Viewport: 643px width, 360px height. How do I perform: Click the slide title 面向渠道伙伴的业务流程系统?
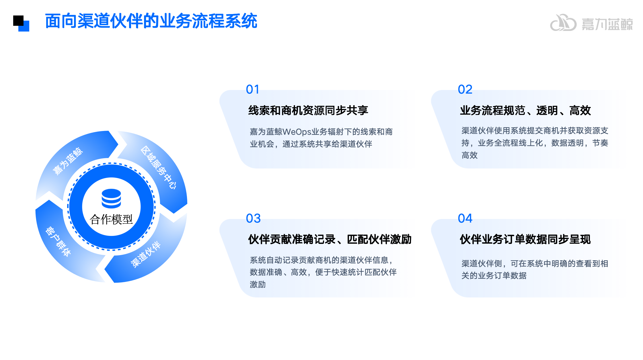pyautogui.click(x=151, y=21)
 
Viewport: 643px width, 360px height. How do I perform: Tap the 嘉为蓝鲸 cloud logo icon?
pyautogui.click(x=563, y=23)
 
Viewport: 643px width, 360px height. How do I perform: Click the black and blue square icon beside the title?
pyautogui.click(x=21, y=24)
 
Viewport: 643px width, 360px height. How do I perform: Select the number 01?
pyautogui.click(x=252, y=89)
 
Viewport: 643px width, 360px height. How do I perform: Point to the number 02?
pyautogui.click(x=465, y=89)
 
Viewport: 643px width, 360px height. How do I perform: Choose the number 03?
pyautogui.click(x=253, y=218)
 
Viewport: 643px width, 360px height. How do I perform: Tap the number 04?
pyautogui.click(x=465, y=218)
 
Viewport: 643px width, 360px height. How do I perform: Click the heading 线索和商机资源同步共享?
pyautogui.click(x=308, y=110)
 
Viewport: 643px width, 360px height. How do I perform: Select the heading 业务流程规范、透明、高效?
pyautogui.click(x=525, y=110)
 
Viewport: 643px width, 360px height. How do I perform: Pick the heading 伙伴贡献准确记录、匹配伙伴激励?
pyautogui.click(x=330, y=239)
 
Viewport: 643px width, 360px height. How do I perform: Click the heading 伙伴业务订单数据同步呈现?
pyautogui.click(x=525, y=239)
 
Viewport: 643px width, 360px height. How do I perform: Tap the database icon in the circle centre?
pyautogui.click(x=111, y=198)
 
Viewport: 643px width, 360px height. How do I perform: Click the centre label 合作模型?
pyautogui.click(x=111, y=220)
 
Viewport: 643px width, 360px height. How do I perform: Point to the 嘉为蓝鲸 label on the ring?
pyautogui.click(x=68, y=161)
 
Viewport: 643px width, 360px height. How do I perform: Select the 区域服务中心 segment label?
pyautogui.click(x=159, y=167)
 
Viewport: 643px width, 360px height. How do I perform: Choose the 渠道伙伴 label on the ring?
pyautogui.click(x=145, y=255)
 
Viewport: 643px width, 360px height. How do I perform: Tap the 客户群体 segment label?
pyautogui.click(x=58, y=241)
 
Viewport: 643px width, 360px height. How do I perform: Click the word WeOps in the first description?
pyautogui.click(x=297, y=132)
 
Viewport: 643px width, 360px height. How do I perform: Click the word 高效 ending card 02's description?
pyautogui.click(x=469, y=155)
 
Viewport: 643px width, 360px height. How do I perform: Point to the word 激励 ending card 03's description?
pyautogui.click(x=258, y=284)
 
